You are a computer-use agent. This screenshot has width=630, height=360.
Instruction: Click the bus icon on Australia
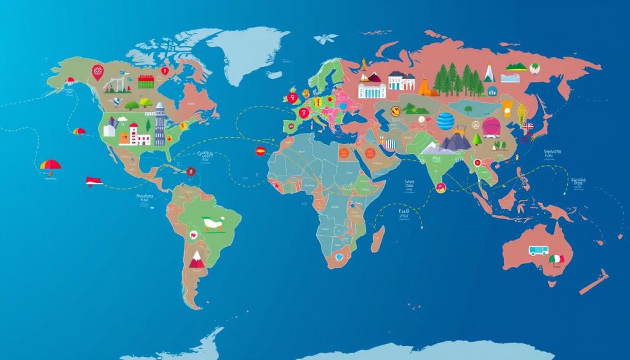[x=537, y=250]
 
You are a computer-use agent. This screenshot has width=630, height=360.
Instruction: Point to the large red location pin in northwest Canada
[x=98, y=73]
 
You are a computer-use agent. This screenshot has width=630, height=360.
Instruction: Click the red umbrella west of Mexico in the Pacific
[x=50, y=165]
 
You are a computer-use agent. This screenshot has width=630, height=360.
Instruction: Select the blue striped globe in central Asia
[x=445, y=121]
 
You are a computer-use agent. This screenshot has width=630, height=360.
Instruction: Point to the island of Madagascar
[x=378, y=238]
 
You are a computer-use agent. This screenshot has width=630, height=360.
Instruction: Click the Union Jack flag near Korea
[x=528, y=127]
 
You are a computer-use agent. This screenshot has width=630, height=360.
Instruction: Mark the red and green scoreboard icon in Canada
[x=146, y=81]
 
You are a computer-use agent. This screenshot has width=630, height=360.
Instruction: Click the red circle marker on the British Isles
[x=293, y=97]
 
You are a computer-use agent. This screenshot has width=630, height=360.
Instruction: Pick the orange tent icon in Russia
[x=428, y=88]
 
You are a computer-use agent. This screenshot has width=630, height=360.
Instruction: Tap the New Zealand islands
[x=594, y=280]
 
